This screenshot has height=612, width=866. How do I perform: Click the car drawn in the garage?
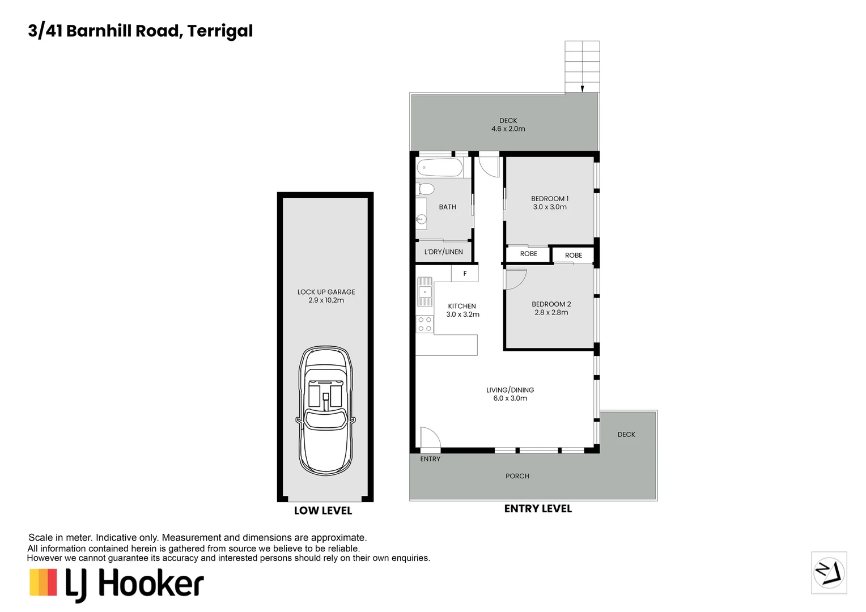point(325,410)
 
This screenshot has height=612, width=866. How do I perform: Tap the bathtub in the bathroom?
point(439,167)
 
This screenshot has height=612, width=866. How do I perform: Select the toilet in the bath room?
point(425,189)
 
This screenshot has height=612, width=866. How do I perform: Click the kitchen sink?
point(424,291)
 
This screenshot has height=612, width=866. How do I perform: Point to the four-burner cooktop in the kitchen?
point(424,324)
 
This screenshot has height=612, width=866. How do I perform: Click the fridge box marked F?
point(465,273)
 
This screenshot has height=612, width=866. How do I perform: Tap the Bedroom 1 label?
point(549,199)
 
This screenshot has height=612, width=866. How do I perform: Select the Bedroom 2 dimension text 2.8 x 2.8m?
point(551,312)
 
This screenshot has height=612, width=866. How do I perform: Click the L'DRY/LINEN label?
point(443,252)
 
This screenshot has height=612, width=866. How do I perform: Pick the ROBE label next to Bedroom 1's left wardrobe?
point(528,254)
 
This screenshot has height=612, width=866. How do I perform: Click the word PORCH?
point(517,476)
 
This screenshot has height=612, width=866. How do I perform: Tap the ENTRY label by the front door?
point(430,459)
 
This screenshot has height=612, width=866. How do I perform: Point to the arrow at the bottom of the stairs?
point(582,89)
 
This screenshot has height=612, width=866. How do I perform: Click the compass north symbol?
point(829,572)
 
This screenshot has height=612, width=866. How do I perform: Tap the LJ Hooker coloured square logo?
point(43,582)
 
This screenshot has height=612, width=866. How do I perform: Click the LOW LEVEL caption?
point(323,511)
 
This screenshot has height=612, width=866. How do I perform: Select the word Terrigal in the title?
point(220,32)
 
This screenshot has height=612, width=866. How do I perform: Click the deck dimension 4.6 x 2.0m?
point(508,129)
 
